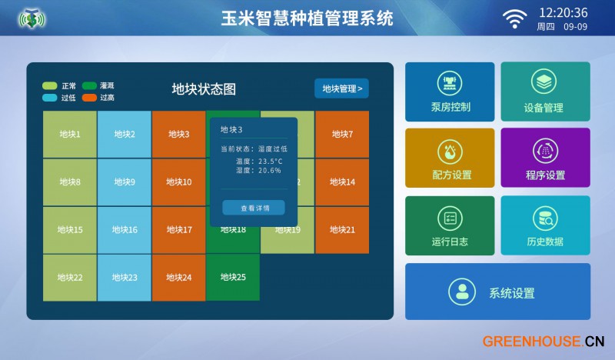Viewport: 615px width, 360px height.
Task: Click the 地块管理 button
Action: point(341,88)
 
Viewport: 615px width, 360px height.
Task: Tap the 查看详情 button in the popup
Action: point(254,208)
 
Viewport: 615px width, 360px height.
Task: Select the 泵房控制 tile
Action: point(450,92)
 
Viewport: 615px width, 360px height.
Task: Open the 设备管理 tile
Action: point(546,92)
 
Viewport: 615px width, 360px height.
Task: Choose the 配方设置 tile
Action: point(450,158)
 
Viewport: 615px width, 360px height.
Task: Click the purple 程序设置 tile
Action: point(546,158)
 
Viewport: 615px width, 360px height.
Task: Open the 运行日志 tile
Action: point(450,225)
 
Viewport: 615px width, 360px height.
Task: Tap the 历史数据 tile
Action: point(546,225)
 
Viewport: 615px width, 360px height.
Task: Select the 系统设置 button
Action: point(497,292)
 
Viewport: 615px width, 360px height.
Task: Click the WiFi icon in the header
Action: point(514,18)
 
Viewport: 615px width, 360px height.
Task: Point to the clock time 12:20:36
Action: point(563,13)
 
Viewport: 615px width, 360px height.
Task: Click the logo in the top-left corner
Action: point(32,18)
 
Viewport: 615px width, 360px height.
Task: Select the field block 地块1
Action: point(70,135)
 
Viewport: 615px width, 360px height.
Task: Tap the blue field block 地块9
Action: point(125,182)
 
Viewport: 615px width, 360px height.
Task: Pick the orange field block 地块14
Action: point(342,182)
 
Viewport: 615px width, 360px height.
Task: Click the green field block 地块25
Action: point(233,278)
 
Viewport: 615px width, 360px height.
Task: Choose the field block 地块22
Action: point(70,278)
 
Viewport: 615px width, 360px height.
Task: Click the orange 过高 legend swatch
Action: point(89,98)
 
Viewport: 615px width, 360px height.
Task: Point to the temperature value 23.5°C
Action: point(271,161)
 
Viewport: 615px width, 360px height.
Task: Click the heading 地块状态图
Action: point(204,89)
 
